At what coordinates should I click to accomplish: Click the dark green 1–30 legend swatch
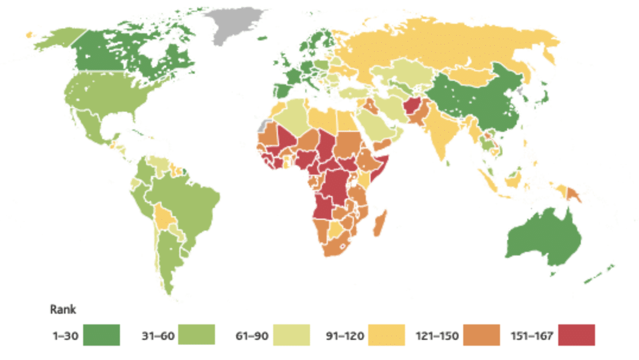coord(102,334)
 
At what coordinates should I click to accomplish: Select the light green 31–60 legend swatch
coord(197,334)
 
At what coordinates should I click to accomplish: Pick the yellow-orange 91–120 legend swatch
coord(386,334)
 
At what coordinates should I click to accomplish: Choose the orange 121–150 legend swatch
coord(482,334)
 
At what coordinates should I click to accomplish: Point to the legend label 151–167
coord(532,336)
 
